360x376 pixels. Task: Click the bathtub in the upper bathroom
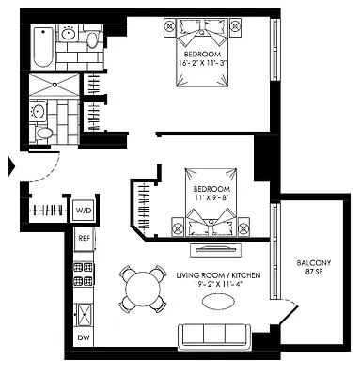point(43,46)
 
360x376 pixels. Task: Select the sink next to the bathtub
point(70,35)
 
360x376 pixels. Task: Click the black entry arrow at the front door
point(11,166)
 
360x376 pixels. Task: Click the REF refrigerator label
point(84,239)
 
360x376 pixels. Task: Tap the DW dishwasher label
point(84,337)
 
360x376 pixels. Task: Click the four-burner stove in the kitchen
point(84,273)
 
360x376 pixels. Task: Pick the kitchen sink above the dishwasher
point(84,309)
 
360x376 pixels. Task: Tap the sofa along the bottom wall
point(213,335)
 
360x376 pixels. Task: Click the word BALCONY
point(312,262)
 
